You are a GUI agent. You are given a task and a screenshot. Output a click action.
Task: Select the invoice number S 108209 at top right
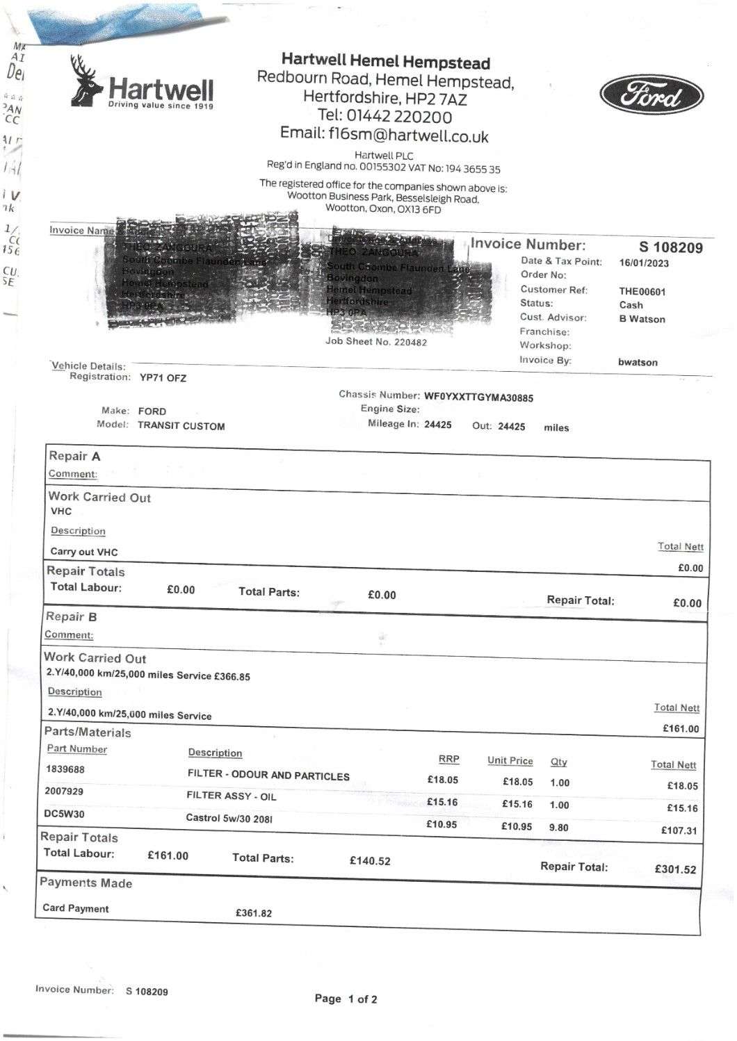coord(670,247)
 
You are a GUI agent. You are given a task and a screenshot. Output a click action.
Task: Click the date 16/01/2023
coord(644,263)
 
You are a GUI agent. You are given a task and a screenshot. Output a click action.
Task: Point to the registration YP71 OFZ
coord(163,378)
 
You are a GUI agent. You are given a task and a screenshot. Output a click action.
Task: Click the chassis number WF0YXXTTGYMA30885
coord(478,397)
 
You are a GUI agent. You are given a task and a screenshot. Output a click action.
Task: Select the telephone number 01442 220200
coord(384,116)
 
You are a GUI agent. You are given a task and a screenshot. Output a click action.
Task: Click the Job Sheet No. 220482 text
coord(376,342)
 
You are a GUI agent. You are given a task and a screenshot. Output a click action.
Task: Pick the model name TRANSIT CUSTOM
coord(181,426)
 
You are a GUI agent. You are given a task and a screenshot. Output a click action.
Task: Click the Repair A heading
coord(74,457)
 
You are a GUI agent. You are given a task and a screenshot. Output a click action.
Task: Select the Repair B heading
coord(71,616)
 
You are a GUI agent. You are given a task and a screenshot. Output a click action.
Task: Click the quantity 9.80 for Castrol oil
coord(558,827)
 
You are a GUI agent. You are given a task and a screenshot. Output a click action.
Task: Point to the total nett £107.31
coord(679,830)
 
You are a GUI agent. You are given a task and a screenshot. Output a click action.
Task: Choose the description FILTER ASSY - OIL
coord(231,796)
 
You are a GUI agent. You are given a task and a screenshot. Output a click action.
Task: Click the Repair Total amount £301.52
coord(675,869)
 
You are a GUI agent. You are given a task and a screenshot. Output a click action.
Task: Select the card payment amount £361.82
coord(254,913)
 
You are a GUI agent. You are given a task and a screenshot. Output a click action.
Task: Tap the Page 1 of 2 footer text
coord(346,999)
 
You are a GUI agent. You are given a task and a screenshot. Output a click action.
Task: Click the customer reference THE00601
coord(642,292)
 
